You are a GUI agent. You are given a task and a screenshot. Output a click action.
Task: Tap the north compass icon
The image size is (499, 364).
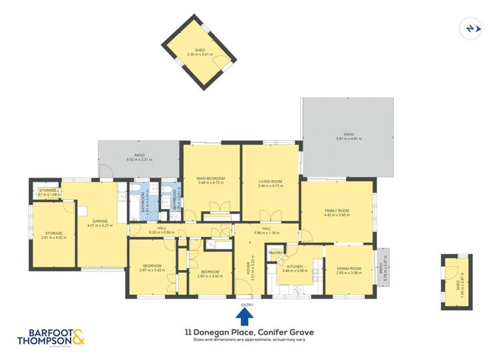(x=471, y=28)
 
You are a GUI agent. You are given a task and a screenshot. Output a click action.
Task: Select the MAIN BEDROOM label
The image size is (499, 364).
(x=211, y=178)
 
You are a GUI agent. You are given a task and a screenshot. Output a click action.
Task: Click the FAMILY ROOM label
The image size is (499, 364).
(x=337, y=210)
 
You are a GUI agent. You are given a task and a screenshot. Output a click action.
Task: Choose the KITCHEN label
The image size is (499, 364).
(x=295, y=266)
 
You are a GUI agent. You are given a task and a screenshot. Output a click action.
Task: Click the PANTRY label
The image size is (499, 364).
(x=275, y=253)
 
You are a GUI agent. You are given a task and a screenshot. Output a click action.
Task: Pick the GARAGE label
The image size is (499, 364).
(x=100, y=221)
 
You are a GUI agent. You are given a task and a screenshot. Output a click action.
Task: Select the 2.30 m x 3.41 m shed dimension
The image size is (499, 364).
(x=199, y=54)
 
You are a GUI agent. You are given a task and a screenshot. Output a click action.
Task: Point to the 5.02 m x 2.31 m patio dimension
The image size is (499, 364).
(x=139, y=160)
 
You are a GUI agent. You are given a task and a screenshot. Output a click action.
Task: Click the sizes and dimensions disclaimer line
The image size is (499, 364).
(x=249, y=340)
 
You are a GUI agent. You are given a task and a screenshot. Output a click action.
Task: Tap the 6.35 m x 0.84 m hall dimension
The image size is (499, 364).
(x=162, y=232)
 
